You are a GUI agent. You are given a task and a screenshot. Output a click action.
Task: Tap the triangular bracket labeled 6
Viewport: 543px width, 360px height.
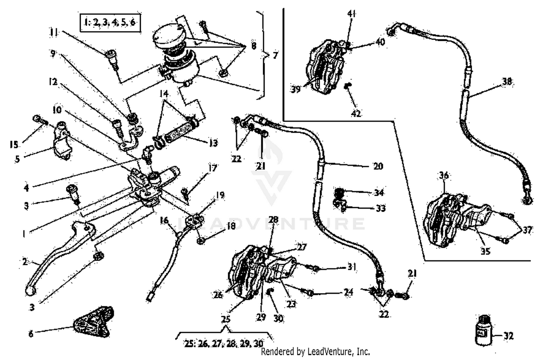click(93, 321)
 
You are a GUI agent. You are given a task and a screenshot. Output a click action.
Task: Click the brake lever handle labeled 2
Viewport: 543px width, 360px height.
click(54, 253)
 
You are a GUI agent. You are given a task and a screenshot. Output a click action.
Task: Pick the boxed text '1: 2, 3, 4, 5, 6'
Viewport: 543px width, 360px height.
click(110, 23)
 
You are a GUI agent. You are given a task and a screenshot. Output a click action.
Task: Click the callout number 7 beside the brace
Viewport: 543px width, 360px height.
click(275, 55)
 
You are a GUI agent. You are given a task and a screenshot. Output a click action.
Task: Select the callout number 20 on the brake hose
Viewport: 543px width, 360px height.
click(378, 166)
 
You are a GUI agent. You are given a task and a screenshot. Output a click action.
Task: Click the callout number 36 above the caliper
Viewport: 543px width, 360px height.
click(444, 175)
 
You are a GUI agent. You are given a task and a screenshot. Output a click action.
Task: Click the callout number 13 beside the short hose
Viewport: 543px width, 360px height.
click(214, 143)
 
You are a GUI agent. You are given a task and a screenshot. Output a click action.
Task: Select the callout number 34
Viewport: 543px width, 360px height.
click(379, 192)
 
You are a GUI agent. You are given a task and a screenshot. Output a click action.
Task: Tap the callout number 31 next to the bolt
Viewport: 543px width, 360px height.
click(352, 267)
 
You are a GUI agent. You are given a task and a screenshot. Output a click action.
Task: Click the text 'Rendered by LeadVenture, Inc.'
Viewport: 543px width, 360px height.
click(315, 351)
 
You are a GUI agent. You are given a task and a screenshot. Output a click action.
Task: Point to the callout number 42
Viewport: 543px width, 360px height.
click(356, 113)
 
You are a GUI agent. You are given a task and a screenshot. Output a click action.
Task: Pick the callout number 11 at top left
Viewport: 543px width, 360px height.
click(54, 33)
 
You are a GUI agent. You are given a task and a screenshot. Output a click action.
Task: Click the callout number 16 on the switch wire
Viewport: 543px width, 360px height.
click(164, 220)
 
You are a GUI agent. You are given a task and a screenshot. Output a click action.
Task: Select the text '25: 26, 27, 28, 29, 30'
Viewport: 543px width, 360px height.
click(224, 344)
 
